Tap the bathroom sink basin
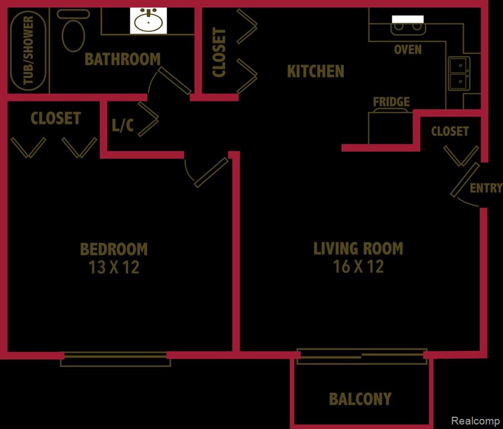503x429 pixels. point(148,21)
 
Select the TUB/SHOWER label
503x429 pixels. point(28,50)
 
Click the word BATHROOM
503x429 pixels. point(123,59)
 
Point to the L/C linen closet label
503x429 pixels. point(123,125)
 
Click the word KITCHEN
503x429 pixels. point(315,71)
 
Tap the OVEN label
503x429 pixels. point(408,50)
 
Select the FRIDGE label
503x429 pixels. point(391,102)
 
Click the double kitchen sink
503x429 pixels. point(459,74)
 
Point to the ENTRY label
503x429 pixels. point(486,188)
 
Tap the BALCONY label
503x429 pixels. point(360,399)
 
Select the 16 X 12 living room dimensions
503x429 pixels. point(358,266)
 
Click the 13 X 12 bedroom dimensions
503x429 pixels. point(114,267)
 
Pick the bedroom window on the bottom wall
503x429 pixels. point(116,359)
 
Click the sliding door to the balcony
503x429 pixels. point(362,356)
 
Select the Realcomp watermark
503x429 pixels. point(476,421)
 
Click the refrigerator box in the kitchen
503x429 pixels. point(390,127)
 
